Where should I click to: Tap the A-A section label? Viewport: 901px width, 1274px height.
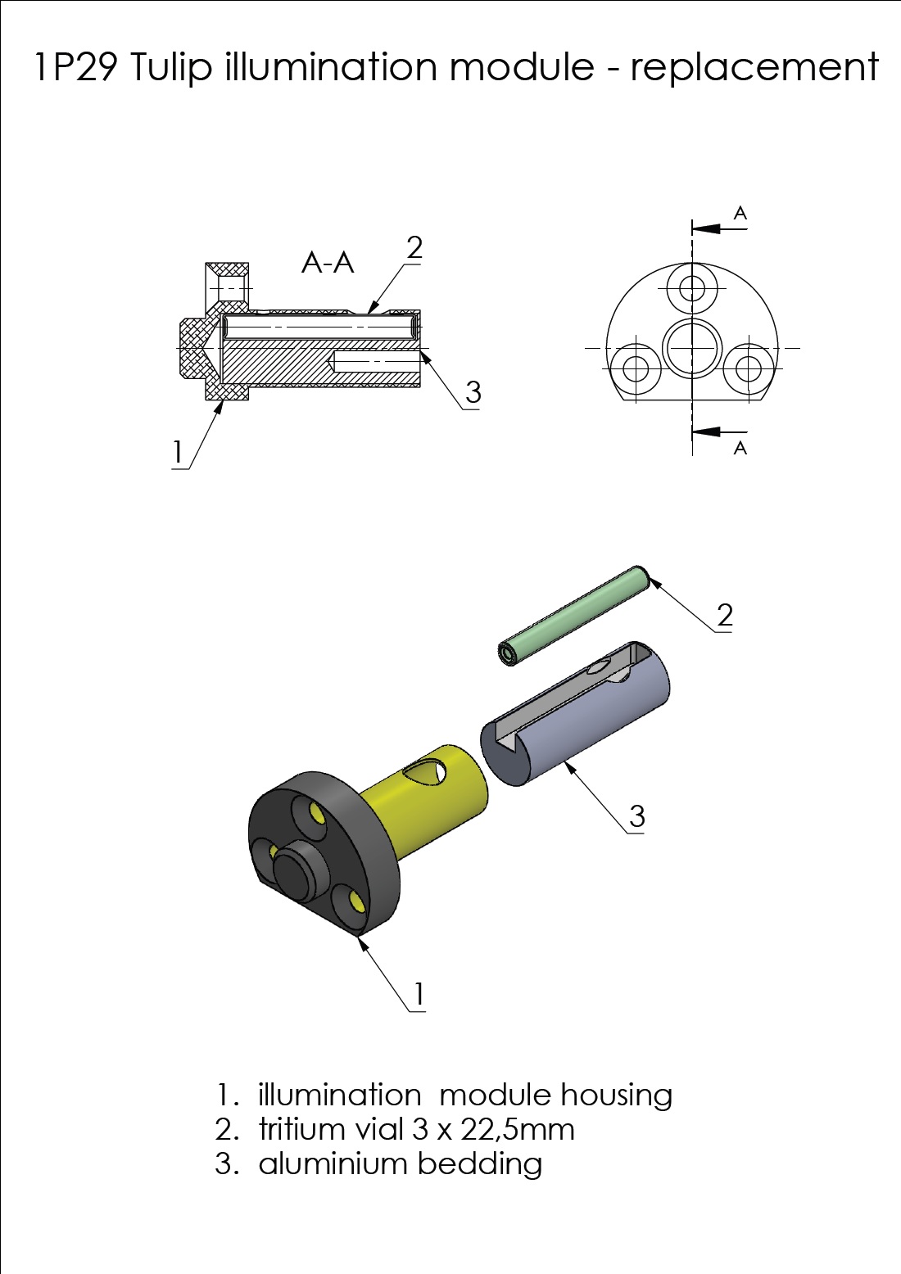tap(328, 263)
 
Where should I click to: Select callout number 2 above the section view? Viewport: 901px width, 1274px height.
tap(414, 248)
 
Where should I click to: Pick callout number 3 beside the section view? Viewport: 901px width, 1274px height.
tap(473, 392)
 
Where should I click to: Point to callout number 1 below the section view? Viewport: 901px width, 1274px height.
tap(178, 452)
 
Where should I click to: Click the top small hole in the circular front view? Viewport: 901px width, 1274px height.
tap(691, 288)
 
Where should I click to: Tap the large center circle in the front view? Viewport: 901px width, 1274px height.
tap(691, 347)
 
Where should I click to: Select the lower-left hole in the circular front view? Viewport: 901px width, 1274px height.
tap(636, 368)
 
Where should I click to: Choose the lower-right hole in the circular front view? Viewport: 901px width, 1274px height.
tap(749, 368)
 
